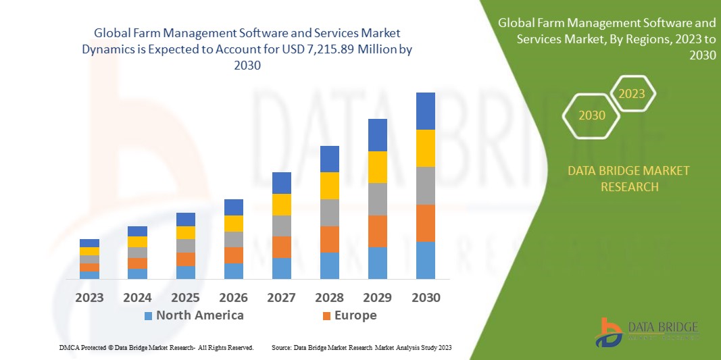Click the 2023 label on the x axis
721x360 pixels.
(89, 297)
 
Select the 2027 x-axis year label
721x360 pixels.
(281, 297)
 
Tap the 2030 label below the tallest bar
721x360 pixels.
(425, 297)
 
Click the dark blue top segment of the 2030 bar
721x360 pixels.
(425, 111)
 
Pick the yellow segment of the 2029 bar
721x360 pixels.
(377, 167)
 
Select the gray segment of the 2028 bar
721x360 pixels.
(329, 212)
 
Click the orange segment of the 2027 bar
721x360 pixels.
(281, 247)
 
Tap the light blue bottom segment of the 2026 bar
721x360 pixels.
(233, 271)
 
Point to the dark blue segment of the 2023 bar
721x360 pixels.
(89, 243)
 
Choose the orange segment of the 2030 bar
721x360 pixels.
(425, 223)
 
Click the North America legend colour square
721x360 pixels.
(148, 315)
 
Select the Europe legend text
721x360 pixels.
(355, 315)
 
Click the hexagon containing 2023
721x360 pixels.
(632, 94)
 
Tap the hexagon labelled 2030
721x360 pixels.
(592, 115)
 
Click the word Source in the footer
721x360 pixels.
(280, 347)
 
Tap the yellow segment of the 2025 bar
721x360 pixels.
(185, 232)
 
